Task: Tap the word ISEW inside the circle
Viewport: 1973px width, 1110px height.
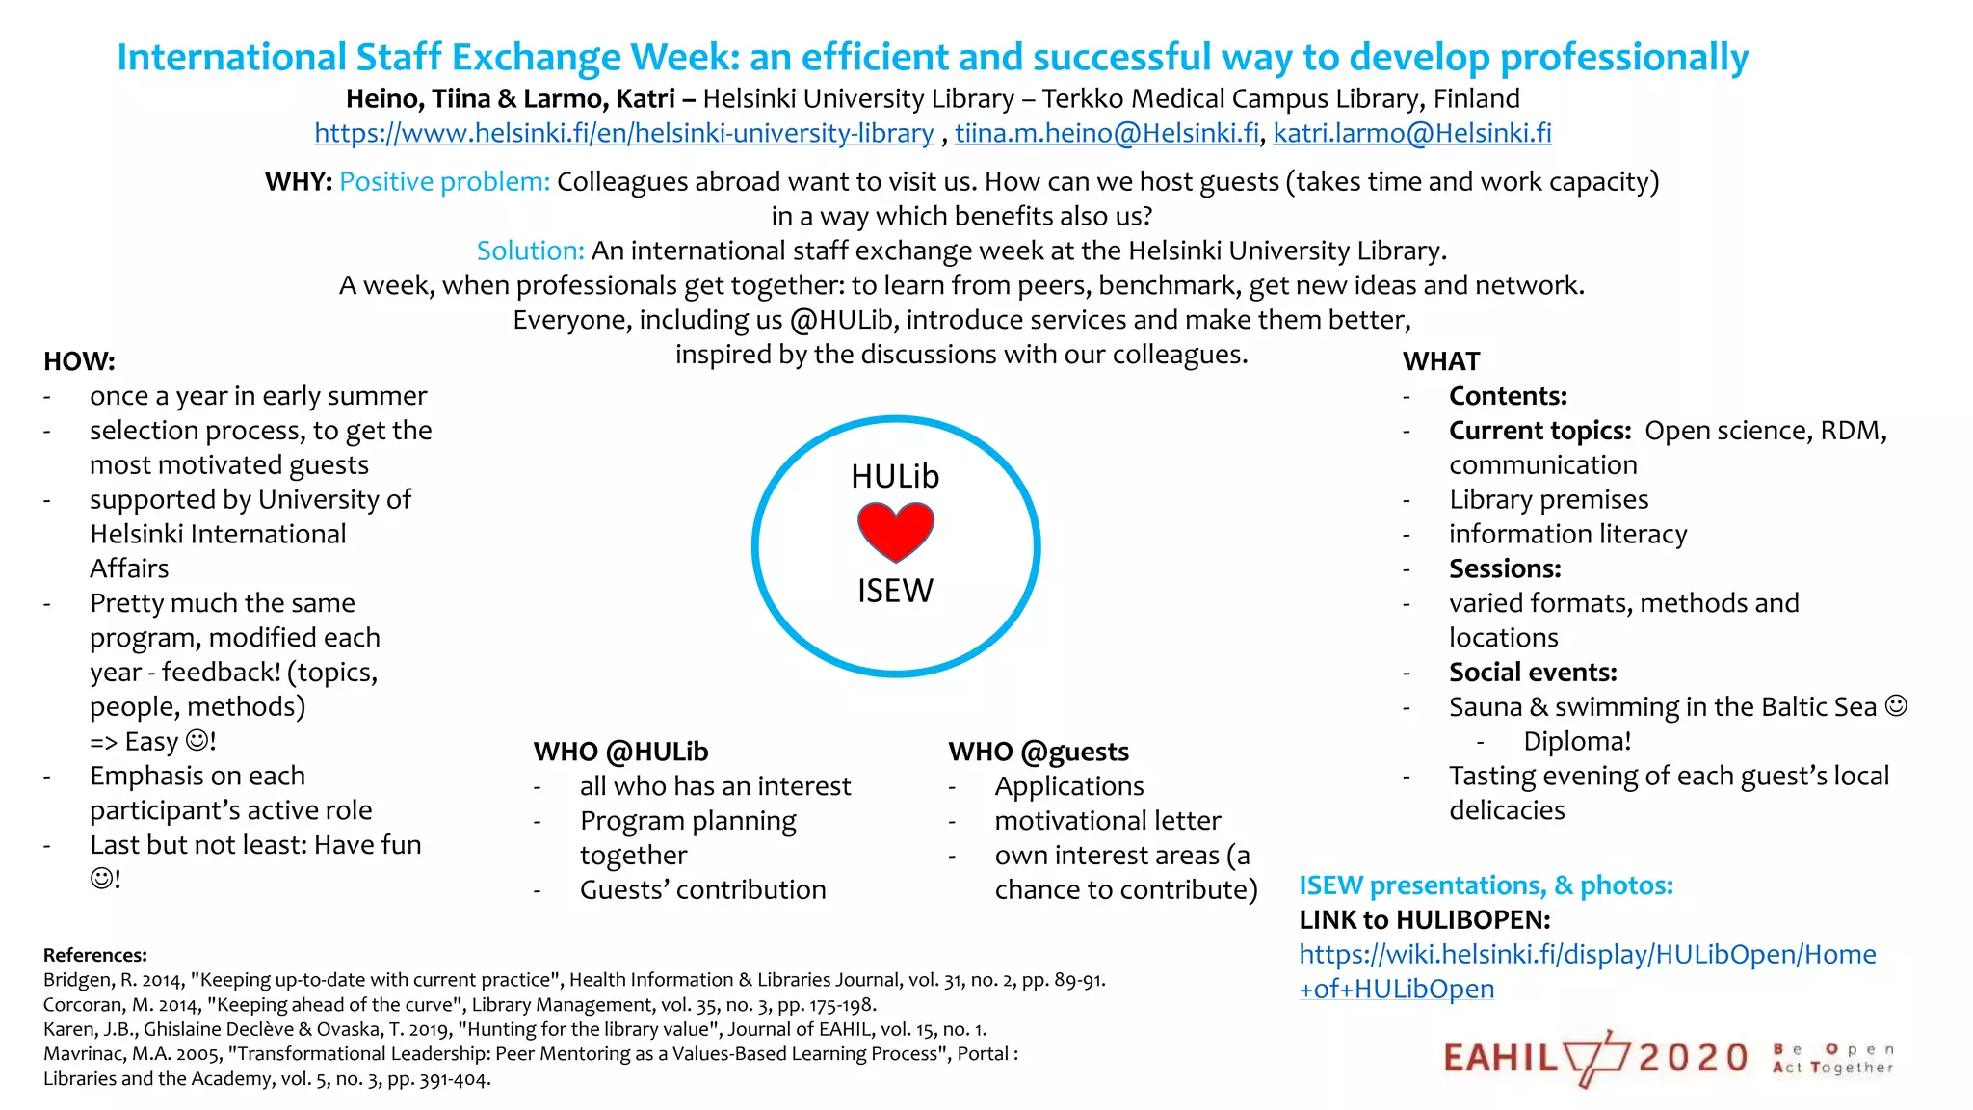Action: click(895, 591)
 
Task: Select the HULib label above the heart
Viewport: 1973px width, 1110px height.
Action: click(895, 476)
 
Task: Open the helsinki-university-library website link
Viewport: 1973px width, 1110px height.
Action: click(623, 133)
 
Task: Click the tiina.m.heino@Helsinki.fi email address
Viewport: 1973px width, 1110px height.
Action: click(1107, 133)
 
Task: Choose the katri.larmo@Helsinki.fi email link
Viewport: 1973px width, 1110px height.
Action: click(1412, 133)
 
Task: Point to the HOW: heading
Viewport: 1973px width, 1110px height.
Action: click(79, 361)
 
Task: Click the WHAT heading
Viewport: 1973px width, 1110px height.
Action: click(1441, 361)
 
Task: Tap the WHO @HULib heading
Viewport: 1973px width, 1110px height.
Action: click(620, 752)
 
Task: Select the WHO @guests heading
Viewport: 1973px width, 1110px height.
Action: click(1039, 752)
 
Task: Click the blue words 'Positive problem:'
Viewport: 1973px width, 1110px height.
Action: click(444, 182)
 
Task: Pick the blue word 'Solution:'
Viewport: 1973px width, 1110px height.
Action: click(530, 251)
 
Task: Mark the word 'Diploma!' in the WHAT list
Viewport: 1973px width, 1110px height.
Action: click(1577, 741)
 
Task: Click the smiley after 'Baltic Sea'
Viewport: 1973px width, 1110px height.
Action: click(1896, 706)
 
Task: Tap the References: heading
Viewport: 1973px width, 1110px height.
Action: click(95, 955)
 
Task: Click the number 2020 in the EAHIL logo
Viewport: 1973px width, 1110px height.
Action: click(1693, 1058)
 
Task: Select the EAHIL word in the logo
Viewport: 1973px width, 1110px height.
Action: click(1501, 1058)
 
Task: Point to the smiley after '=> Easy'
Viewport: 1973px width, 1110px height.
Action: click(197, 741)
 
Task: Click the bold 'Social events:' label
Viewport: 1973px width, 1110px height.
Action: click(1533, 672)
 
